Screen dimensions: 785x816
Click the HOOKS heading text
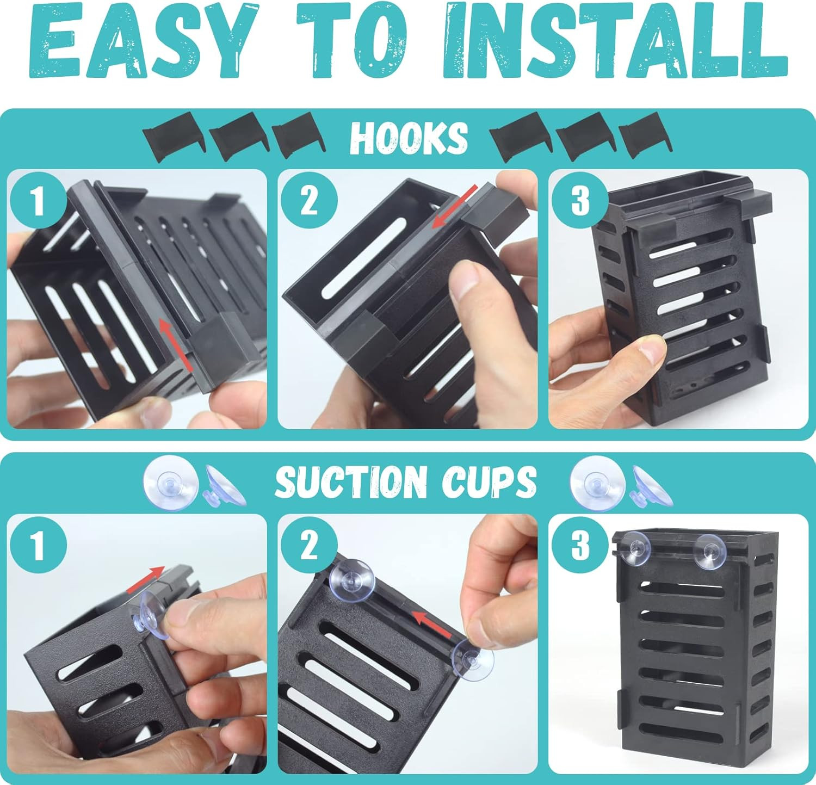(x=409, y=138)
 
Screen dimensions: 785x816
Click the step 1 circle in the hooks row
(x=38, y=200)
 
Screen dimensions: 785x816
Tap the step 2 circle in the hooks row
(x=309, y=200)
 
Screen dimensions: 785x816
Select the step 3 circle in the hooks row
(x=580, y=200)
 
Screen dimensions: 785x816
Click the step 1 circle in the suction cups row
(x=38, y=545)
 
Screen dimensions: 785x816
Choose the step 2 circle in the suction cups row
(x=309, y=545)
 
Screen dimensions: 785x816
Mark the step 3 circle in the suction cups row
(x=580, y=545)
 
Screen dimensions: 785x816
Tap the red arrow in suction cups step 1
(x=145, y=580)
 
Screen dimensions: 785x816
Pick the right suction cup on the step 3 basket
(x=714, y=551)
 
